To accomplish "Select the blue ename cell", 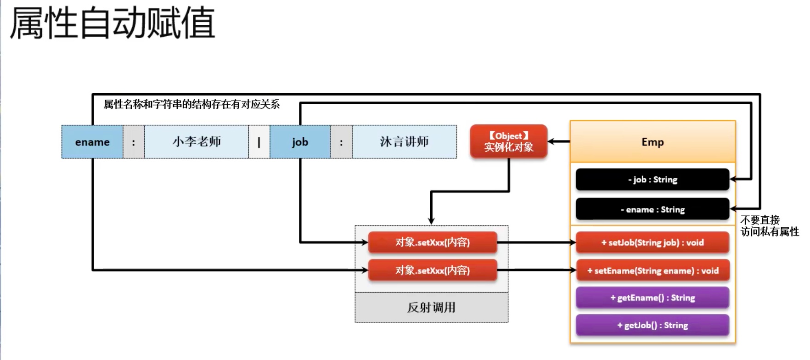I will (92, 142).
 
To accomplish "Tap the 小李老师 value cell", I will (197, 142).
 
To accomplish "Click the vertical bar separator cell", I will (259, 142).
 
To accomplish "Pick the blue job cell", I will (300, 142).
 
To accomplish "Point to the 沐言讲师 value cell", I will (404, 142).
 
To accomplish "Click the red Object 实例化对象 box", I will (508, 141).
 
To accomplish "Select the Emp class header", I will (652, 142).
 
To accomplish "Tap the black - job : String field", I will (652, 180).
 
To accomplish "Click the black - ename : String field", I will (652, 209).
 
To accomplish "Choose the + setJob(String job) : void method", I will (652, 242).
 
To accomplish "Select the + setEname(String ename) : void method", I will (652, 270).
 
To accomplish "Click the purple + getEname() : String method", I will (652, 298).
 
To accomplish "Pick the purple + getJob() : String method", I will (652, 325).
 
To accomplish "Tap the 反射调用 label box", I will (431, 307).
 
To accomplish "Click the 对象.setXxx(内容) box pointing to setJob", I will (433, 242).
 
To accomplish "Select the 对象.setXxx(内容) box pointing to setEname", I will (433, 270).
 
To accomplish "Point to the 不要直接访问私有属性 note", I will (770, 225).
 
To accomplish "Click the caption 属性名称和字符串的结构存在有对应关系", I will (191, 104).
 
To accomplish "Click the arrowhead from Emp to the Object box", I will (552, 141).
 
